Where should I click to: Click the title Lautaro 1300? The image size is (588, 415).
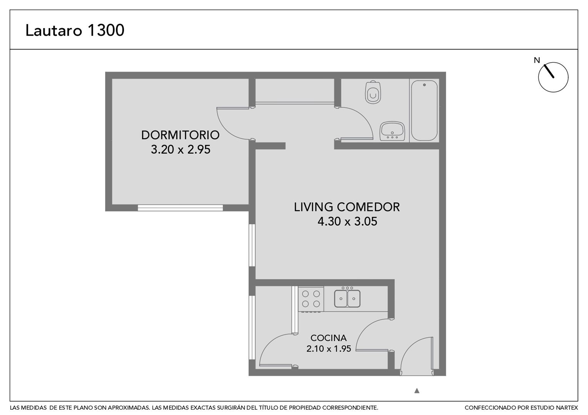[75, 30]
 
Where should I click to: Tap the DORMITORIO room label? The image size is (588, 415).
[180, 135]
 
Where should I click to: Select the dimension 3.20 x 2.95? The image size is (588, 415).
[180, 149]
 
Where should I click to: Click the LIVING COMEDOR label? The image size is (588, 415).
[347, 207]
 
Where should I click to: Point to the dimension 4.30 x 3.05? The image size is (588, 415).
[347, 221]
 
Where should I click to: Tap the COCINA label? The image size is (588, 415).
[328, 338]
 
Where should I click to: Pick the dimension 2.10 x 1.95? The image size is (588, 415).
[329, 349]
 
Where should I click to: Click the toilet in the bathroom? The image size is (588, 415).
[373, 92]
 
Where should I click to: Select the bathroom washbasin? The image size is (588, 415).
[392, 131]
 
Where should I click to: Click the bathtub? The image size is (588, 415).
[424, 111]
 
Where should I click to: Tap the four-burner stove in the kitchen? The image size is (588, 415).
[311, 299]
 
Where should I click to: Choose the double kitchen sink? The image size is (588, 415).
[347, 298]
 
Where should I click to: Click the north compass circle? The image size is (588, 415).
[553, 77]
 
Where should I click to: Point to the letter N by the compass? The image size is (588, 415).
[537, 61]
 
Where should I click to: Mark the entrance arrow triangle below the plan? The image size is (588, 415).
[417, 391]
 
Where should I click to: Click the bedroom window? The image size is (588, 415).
[180, 208]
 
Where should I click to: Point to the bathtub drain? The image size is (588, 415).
[424, 85]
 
